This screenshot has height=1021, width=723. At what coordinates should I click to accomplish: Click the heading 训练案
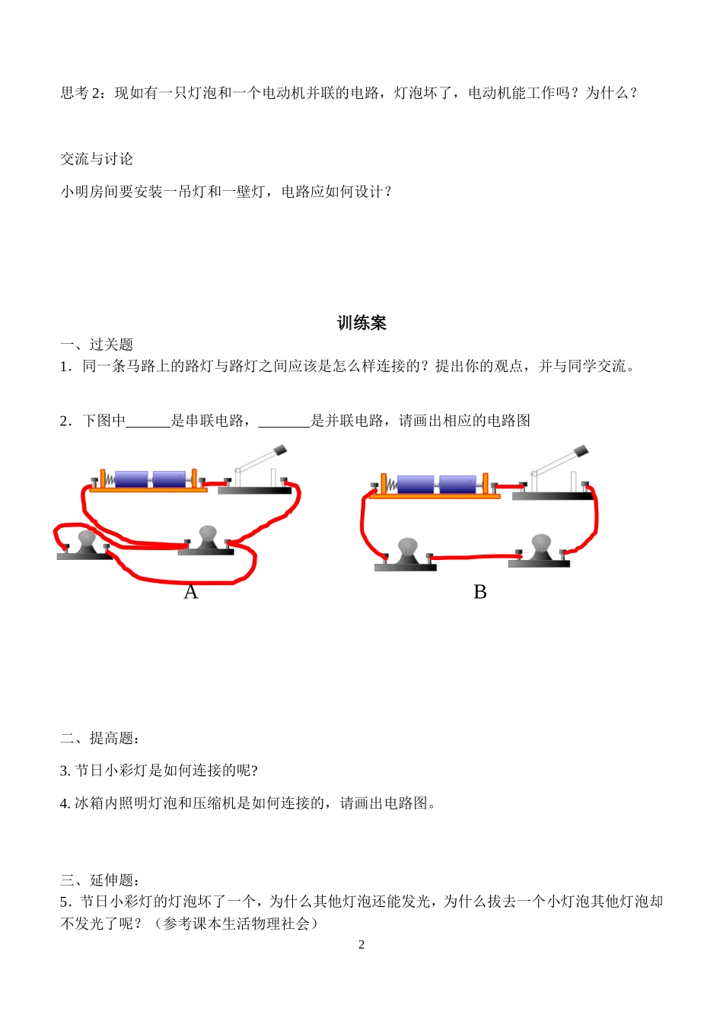361,323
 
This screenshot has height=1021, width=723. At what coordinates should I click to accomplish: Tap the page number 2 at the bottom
361,945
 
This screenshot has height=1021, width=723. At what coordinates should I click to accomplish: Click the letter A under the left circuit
190,592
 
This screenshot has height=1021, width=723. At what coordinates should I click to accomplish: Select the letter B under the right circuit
479,592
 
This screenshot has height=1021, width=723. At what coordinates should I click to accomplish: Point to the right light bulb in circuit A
207,536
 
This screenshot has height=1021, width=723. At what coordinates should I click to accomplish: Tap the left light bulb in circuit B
408,549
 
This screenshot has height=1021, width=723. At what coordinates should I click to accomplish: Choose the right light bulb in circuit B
540,545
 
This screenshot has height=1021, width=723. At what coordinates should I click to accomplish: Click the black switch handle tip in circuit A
279,451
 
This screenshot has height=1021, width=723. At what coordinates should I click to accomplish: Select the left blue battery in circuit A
132,479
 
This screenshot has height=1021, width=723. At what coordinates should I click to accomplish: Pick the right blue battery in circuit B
457,484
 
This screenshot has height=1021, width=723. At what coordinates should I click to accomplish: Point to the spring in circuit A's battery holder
109,480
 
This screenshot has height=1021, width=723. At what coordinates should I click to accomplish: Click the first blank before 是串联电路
148,421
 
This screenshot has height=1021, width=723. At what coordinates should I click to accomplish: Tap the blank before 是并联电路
284,421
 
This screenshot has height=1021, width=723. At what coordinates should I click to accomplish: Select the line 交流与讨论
97,159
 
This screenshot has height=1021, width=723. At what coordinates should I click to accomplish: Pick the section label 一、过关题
97,345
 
